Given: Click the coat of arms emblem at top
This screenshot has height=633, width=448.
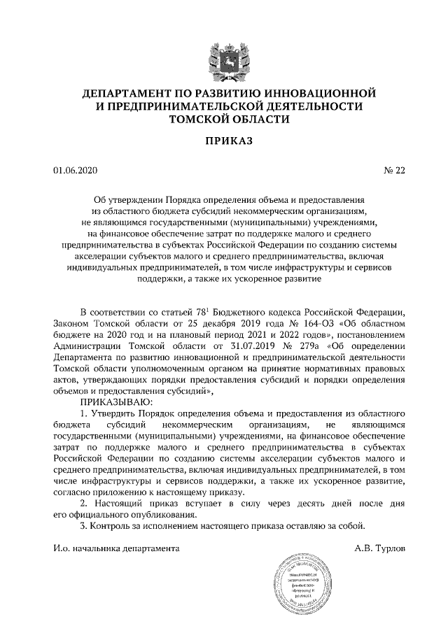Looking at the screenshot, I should (223, 57).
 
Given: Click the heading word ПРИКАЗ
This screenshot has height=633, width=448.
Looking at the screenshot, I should (223, 143).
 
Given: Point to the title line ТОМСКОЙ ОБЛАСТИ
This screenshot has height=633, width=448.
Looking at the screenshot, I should (223, 120).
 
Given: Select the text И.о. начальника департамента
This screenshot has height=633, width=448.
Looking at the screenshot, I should (116, 548).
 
